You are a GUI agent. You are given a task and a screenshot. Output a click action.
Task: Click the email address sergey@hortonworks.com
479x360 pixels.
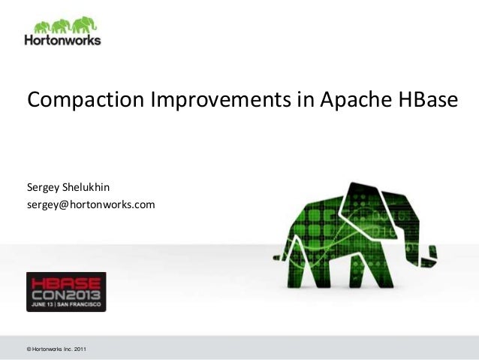91,203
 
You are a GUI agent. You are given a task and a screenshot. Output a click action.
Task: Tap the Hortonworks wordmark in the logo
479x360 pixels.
62,41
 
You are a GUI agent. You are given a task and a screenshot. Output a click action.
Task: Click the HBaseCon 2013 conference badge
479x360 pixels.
66,292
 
